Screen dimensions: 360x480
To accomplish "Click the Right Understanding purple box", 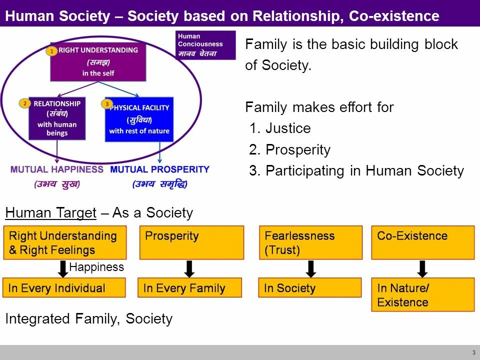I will pyautogui.click(x=98, y=62).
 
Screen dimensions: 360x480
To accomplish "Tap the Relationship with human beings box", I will pyautogui.click(x=57, y=118).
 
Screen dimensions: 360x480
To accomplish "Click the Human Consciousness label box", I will pyautogui.click(x=205, y=45).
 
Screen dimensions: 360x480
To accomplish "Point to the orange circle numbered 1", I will pyautogui.click(x=51, y=51).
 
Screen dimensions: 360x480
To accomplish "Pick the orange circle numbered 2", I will pyautogui.click(x=24, y=103).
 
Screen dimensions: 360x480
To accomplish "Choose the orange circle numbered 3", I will pyautogui.click(x=106, y=104).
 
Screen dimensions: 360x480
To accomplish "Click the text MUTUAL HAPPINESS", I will pyautogui.click(x=57, y=169).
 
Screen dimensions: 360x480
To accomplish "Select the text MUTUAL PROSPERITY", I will pyautogui.click(x=159, y=169).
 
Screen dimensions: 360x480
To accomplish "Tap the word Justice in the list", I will pyautogui.click(x=288, y=128).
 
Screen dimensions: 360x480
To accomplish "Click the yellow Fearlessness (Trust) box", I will pyautogui.click(x=310, y=242).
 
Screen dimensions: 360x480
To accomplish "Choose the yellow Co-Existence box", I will pyautogui.click(x=422, y=242).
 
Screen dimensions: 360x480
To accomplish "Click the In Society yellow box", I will pyautogui.click(x=309, y=288).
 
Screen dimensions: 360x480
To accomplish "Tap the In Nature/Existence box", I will pyautogui.click(x=422, y=295).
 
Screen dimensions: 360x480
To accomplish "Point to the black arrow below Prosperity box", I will pyautogui.click(x=189, y=268).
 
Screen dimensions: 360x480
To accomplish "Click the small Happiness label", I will pyautogui.click(x=96, y=267).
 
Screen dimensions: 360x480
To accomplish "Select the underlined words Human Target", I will pyautogui.click(x=50, y=213).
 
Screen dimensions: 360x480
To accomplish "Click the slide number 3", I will pyautogui.click(x=473, y=352).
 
